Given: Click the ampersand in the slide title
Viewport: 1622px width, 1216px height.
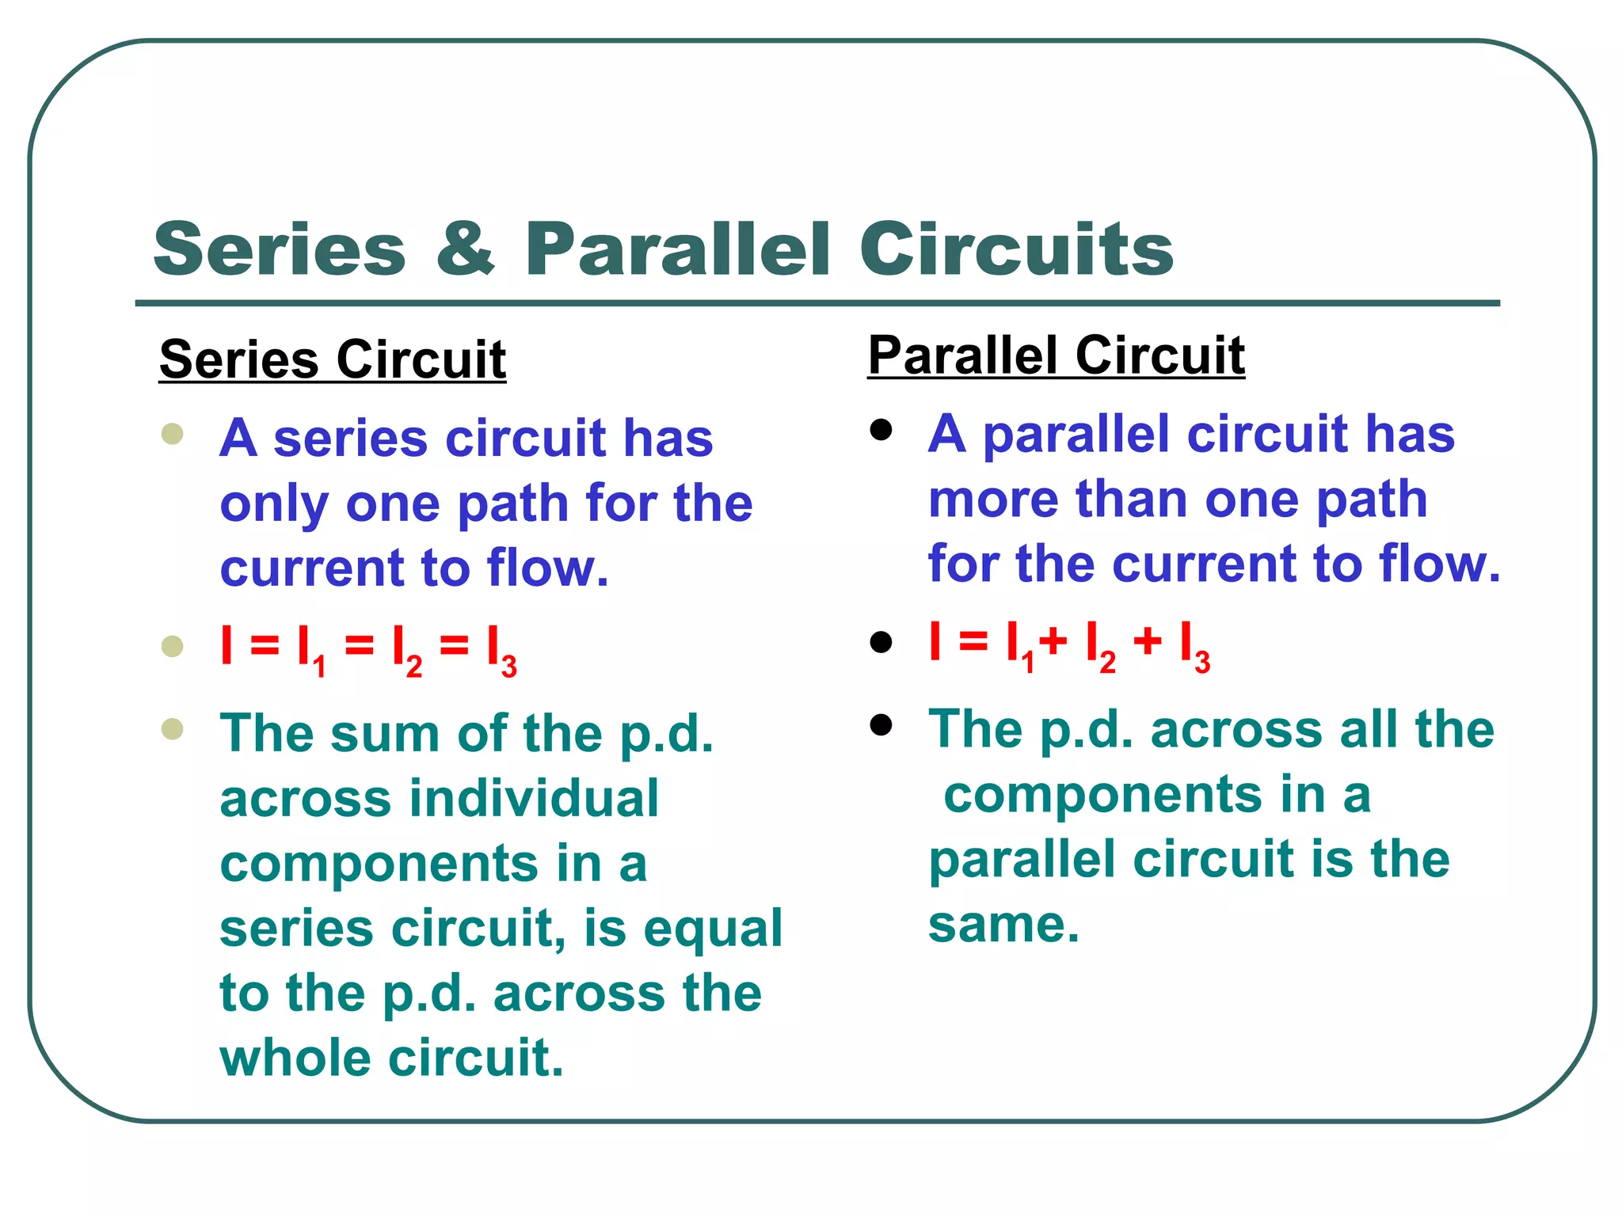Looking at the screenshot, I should tap(466, 249).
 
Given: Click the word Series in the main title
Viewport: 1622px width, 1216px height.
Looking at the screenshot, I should tap(280, 249).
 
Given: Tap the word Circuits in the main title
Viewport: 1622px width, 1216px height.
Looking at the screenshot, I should tap(1016, 249).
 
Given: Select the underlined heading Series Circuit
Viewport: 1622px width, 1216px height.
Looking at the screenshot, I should tap(333, 360).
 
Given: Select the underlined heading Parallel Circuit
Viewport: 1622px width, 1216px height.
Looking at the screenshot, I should tap(1056, 355).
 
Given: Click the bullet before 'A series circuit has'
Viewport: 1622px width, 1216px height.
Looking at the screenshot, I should tap(172, 434).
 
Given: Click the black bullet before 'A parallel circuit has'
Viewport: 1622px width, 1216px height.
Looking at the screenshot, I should tap(881, 430).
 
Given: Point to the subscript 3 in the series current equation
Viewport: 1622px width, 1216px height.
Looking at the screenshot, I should tap(509, 667).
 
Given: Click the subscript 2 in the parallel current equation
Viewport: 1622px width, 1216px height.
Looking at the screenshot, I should tap(1107, 662).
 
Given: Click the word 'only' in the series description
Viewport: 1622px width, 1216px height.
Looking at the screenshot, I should tap(274, 504).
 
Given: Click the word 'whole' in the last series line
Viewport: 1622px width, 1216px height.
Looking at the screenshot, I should tap(294, 1058).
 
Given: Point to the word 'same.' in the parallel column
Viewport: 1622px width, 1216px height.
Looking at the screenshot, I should tap(1003, 925).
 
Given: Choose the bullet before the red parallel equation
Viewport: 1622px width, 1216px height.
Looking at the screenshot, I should tap(881, 641).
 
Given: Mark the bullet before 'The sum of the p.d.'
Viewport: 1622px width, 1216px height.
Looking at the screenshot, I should tap(172, 728).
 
